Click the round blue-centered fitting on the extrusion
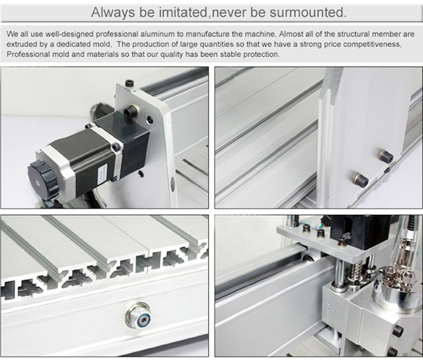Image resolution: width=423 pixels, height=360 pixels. [x=138, y=314]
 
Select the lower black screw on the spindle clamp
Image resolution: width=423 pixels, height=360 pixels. [x=391, y=351]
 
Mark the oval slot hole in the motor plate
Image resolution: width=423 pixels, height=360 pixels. [x=172, y=185]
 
